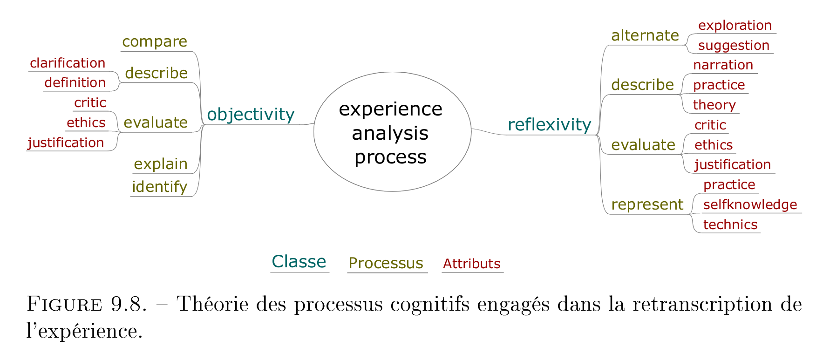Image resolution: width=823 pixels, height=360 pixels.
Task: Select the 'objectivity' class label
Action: (x=251, y=115)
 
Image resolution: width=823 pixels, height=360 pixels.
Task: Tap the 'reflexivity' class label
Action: (x=549, y=125)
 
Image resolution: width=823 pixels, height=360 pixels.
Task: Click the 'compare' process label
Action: (x=155, y=42)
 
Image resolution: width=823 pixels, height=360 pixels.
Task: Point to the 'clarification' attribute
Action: (x=68, y=63)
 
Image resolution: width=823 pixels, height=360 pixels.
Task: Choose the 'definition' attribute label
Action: (x=75, y=82)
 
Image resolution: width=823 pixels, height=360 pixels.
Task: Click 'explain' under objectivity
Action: (x=161, y=164)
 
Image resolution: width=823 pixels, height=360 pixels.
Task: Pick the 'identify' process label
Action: (x=160, y=187)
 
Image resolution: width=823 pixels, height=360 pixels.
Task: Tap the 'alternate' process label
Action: (x=645, y=35)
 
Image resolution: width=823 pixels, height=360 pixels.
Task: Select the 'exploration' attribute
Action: (x=735, y=26)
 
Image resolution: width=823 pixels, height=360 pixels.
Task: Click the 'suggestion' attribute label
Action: (x=734, y=46)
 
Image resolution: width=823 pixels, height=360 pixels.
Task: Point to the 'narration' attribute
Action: (x=723, y=65)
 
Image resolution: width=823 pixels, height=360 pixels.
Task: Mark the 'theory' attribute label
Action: (x=714, y=105)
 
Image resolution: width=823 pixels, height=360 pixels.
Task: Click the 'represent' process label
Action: (x=647, y=205)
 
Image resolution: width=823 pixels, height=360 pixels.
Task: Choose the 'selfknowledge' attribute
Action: (x=750, y=204)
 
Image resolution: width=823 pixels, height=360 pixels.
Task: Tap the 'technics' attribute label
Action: (x=730, y=224)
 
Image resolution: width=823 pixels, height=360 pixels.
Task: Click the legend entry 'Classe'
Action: (x=299, y=262)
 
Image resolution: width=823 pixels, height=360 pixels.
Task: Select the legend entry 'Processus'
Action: (x=386, y=264)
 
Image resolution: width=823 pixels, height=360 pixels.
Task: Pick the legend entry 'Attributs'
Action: (x=471, y=264)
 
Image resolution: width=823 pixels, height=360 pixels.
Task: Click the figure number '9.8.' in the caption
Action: (x=129, y=304)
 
